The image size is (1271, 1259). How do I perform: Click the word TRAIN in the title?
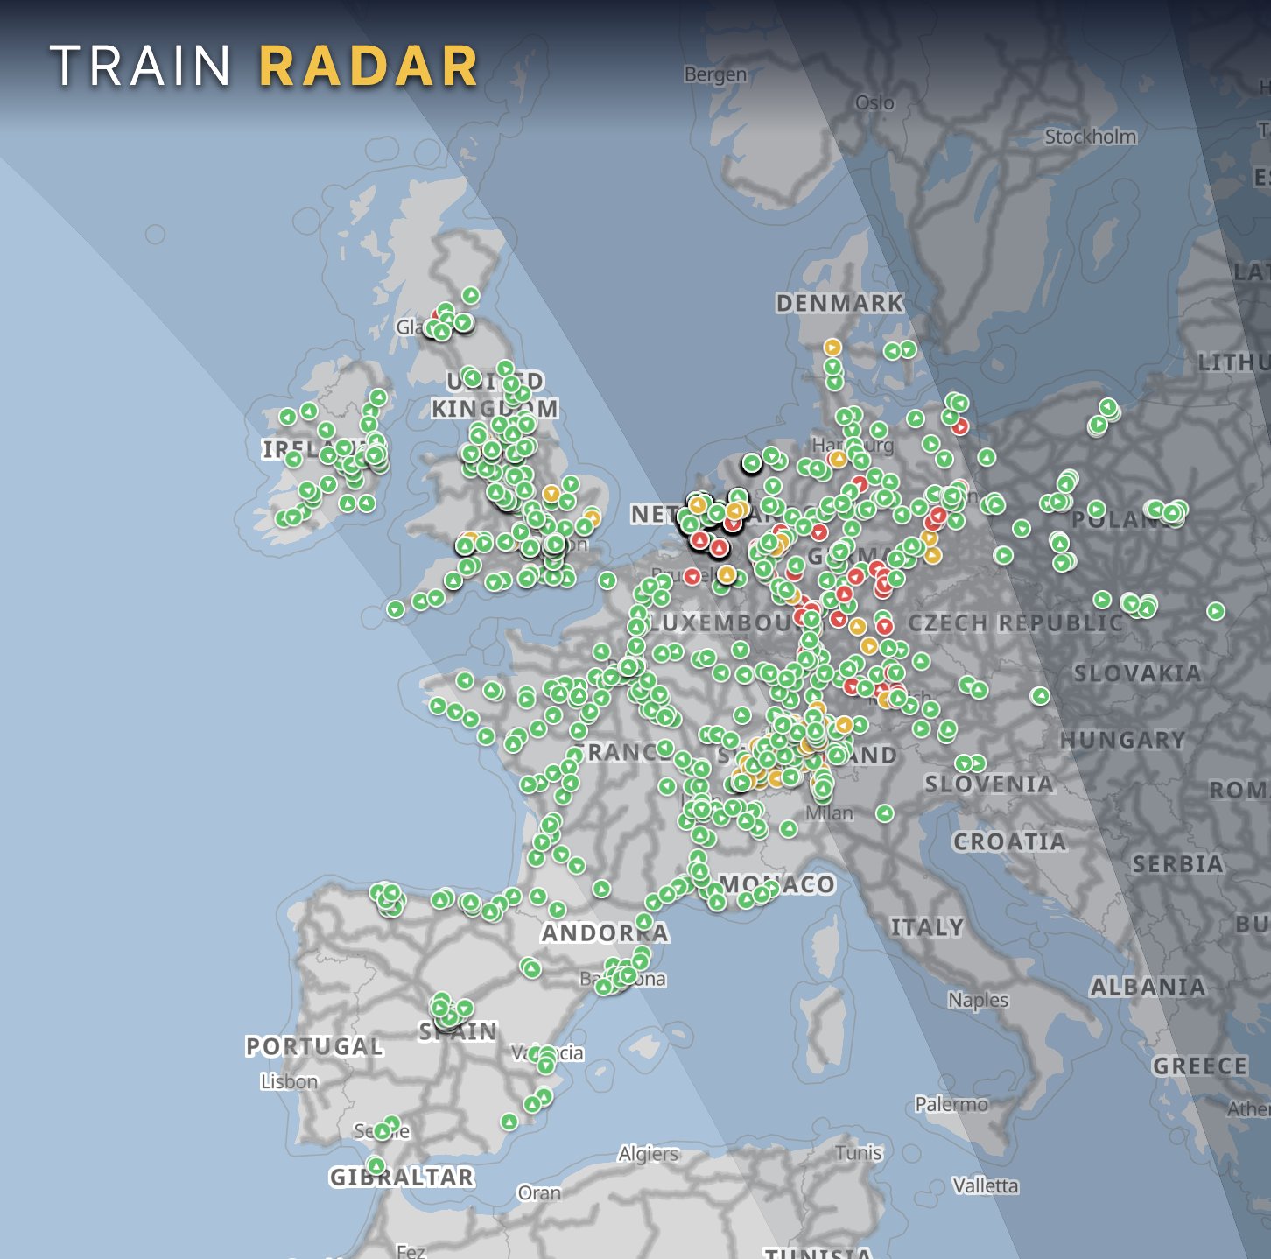[141, 67]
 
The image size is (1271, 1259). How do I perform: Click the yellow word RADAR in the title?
[369, 67]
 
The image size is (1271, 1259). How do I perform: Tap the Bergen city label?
[715, 74]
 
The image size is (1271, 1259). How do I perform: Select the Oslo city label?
[874, 102]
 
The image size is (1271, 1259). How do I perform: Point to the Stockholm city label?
[1090, 137]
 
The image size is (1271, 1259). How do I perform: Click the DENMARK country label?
[839, 303]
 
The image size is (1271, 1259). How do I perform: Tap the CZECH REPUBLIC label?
[1015, 623]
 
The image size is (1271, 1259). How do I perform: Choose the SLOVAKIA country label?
[1137, 673]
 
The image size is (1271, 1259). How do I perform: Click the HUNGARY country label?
[1122, 741]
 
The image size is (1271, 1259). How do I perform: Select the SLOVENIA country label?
[989, 784]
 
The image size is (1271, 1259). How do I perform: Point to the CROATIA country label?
[1009, 842]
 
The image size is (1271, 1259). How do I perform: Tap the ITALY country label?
[926, 927]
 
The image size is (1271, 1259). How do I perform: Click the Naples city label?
[978, 1000]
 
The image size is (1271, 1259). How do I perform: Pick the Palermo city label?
[951, 1104]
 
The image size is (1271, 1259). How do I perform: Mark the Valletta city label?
[985, 1185]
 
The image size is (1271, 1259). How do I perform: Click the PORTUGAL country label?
[314, 1046]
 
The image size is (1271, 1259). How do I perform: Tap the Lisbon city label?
[289, 1081]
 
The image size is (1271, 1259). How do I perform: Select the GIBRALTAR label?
[402, 1178]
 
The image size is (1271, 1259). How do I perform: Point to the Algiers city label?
[648, 1154]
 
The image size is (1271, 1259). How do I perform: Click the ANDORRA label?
[605, 933]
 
